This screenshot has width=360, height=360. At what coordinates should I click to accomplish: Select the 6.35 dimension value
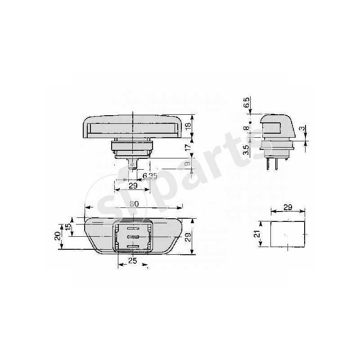(150, 175)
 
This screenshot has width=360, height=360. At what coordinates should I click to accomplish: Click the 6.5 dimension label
(246, 102)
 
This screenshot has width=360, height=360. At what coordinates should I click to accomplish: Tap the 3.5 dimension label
(246, 149)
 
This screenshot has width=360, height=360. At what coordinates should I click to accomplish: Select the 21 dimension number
(257, 234)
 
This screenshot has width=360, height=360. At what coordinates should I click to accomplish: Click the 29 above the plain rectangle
(288, 207)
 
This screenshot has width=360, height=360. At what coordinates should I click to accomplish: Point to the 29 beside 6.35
(133, 185)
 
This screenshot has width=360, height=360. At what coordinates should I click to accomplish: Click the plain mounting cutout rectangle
(288, 233)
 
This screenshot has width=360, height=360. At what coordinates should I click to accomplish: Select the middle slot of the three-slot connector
(132, 237)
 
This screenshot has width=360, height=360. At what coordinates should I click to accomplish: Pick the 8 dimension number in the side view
(246, 129)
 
